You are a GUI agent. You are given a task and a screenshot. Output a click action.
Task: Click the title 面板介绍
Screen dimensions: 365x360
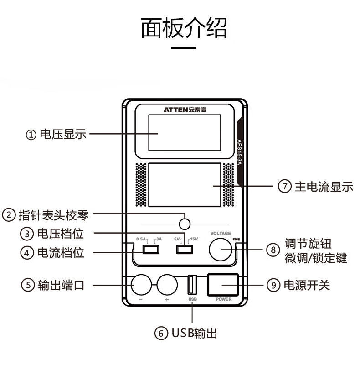click(x=184, y=28)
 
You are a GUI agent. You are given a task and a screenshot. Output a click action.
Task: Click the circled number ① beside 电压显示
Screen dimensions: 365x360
click(x=31, y=135)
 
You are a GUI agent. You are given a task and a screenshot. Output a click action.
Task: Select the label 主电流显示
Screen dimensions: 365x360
click(x=324, y=187)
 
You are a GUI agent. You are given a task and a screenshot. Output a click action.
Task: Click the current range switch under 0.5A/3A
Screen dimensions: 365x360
click(x=150, y=249)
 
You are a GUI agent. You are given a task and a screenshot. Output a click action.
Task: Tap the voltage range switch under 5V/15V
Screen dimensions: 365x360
click(x=185, y=249)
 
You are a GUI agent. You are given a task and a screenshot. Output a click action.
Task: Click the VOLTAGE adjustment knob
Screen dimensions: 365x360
click(x=221, y=249)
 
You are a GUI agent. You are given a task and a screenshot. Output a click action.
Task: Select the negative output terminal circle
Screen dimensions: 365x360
click(x=141, y=285)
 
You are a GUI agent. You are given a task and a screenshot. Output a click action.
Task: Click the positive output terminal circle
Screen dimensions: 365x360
click(x=167, y=285)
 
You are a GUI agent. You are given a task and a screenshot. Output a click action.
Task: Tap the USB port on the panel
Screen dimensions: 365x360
click(x=192, y=285)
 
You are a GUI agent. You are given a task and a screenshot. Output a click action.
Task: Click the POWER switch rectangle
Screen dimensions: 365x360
click(x=223, y=284)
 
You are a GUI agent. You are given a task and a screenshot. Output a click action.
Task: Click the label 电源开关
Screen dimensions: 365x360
click(x=306, y=286)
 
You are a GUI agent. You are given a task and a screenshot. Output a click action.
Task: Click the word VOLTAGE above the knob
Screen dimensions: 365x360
click(x=221, y=233)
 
